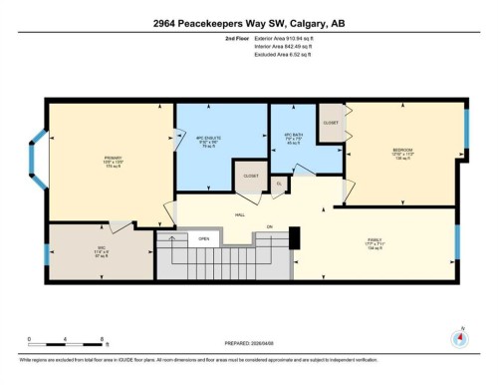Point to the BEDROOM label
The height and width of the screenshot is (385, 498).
(x=402, y=151)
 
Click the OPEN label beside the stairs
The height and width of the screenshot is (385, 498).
(x=203, y=239)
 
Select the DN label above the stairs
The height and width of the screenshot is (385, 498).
(x=269, y=228)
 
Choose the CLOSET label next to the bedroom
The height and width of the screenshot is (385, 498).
(x=330, y=123)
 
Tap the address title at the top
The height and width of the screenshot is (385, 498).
(x=248, y=22)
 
